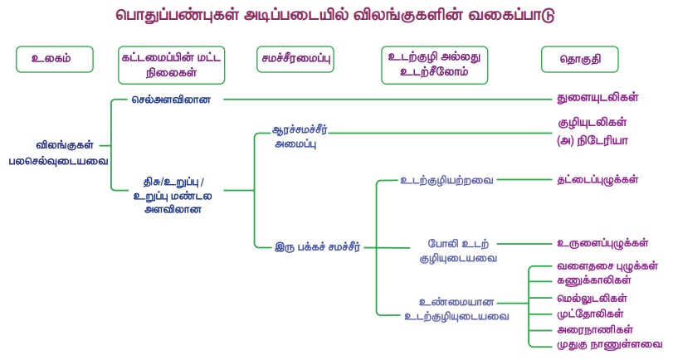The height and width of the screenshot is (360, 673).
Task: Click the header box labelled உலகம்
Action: [50, 59]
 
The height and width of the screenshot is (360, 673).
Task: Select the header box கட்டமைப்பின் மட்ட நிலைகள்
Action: [172, 65]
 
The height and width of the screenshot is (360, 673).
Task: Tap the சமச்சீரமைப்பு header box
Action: [295, 59]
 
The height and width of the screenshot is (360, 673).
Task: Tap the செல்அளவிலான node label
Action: [172, 100]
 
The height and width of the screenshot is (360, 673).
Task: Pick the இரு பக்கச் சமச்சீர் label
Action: [317, 246]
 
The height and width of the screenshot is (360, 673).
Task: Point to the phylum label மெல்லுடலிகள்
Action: [592, 298]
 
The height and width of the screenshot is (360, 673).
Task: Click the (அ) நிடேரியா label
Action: [593, 140]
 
